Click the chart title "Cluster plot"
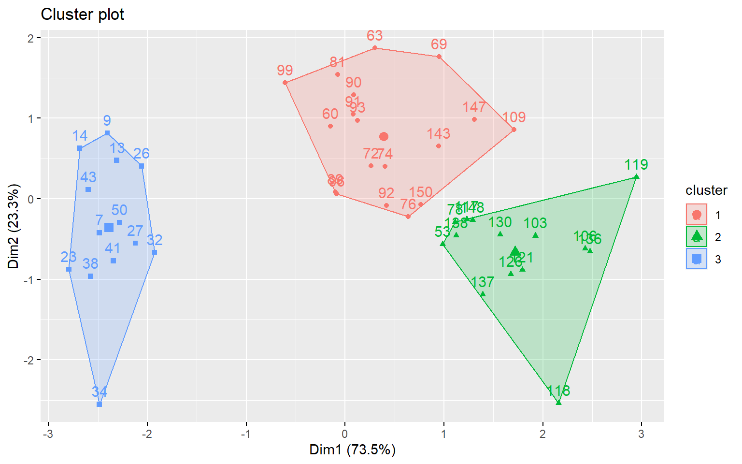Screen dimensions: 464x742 coord(82,14)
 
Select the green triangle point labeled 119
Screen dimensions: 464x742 coord(636,177)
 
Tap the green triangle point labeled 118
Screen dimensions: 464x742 coord(558,403)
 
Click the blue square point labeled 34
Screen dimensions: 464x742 coord(99,404)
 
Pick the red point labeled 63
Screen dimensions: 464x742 coord(374,48)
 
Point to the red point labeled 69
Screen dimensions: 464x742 coord(439,57)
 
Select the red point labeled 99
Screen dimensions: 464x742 coord(285,83)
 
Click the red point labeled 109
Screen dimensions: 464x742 coord(514,130)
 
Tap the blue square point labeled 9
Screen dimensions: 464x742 coord(107,133)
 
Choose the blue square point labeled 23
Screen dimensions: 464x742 coord(69,269)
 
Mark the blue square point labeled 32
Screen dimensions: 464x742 coord(155,252)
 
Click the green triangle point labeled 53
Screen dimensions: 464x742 coord(442,244)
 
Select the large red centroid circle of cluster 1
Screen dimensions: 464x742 coord(384,137)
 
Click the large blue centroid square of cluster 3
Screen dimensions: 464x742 coord(109,228)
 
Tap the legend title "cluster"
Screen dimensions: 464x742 coord(706,190)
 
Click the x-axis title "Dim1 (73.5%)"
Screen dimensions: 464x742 coord(352,450)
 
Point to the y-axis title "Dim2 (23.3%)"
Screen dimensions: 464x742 coord(14,226)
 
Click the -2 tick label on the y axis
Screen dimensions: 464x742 coord(32,360)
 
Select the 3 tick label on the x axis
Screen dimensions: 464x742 coord(641,434)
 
